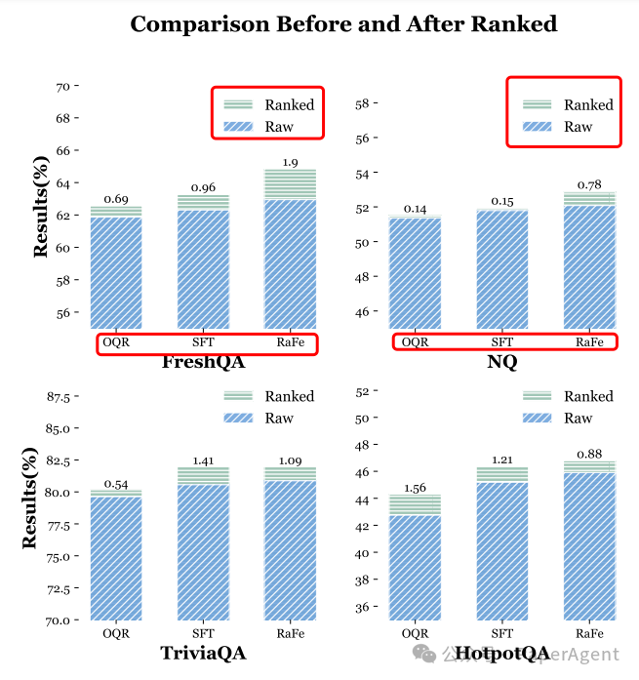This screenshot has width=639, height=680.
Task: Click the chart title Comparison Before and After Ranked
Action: click(343, 24)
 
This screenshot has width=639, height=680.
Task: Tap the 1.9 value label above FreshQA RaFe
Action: click(290, 162)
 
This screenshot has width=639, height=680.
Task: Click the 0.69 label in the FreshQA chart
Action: click(116, 199)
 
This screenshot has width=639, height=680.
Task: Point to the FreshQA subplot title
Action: click(203, 363)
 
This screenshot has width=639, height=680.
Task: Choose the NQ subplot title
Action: click(501, 363)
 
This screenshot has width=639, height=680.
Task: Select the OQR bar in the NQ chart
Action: click(415, 273)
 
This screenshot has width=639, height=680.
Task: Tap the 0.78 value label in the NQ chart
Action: click(589, 184)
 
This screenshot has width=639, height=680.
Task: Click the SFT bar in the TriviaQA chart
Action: click(203, 551)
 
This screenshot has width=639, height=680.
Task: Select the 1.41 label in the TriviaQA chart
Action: click(203, 460)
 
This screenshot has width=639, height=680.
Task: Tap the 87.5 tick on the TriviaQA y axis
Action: click(59, 397)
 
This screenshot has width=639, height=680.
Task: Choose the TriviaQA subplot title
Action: click(203, 654)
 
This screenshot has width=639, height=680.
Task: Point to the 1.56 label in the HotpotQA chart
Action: click(415, 488)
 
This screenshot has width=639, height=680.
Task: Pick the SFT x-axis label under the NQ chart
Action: click(501, 342)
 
